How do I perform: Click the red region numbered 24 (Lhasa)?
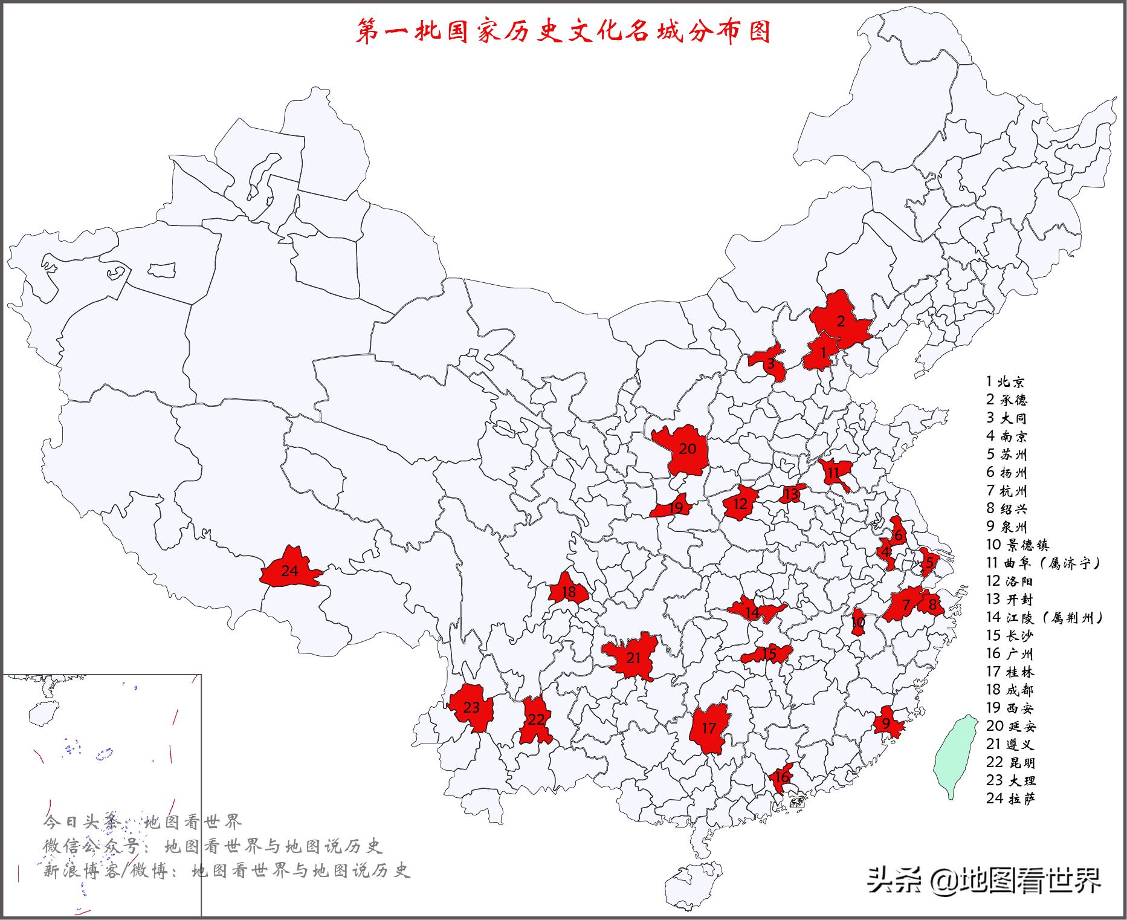click(x=289, y=570)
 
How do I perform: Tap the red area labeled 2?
click(x=840, y=320)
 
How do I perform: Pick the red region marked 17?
click(x=709, y=728)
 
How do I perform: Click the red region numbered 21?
click(x=633, y=657)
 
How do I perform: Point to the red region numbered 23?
click(x=471, y=707)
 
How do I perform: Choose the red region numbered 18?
click(x=568, y=591)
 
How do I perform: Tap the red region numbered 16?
click(x=781, y=777)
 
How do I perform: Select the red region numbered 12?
click(x=740, y=504)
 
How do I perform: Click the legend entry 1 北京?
click(x=1006, y=381)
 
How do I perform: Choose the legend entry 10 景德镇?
click(x=1018, y=545)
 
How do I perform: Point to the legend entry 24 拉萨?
click(x=1011, y=799)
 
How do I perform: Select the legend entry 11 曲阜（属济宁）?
click(x=1043, y=563)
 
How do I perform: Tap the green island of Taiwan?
click(x=956, y=756)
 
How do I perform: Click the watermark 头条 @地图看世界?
click(x=984, y=880)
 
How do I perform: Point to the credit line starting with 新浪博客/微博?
click(x=227, y=870)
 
